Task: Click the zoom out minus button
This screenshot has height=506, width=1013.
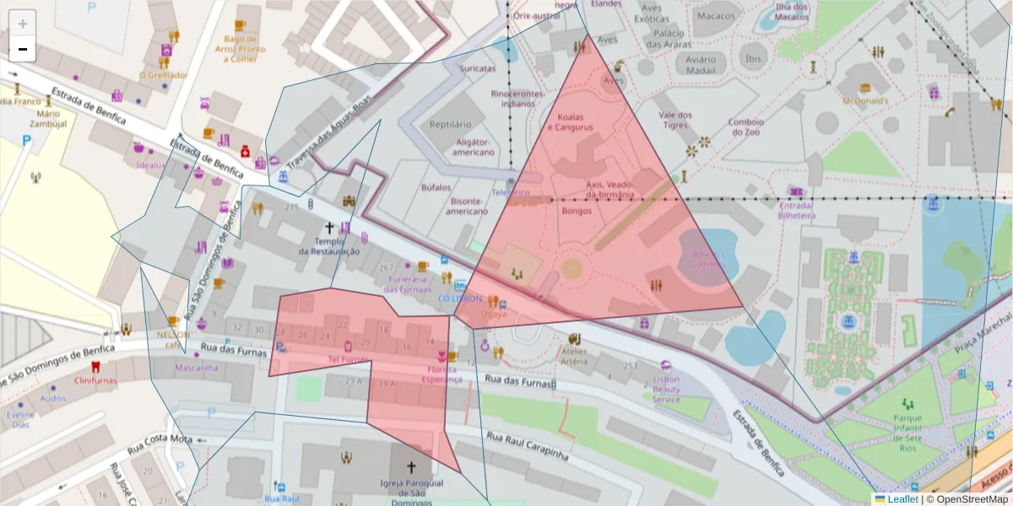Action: [23, 49]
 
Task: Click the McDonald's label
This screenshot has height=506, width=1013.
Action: [865, 100]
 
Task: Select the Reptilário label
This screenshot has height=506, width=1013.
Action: [449, 124]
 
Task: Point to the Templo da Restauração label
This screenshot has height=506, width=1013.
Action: [329, 245]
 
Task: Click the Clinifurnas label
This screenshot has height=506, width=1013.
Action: [95, 380]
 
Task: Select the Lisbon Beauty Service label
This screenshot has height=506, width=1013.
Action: [666, 389]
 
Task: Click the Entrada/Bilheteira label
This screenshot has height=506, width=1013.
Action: [797, 210]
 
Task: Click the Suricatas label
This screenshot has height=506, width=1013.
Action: [477, 68]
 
